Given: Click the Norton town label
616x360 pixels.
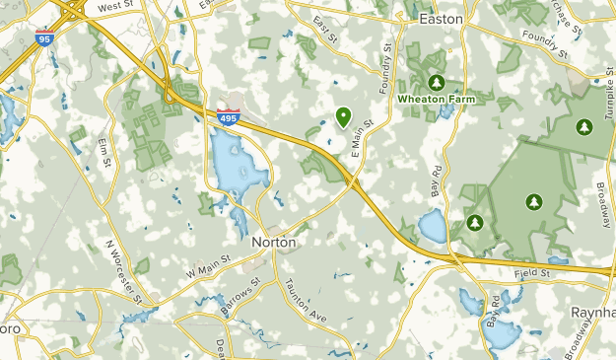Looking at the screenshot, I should [274, 241].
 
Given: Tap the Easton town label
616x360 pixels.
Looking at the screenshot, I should [441, 18].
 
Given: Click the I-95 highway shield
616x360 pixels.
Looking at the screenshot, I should [43, 38].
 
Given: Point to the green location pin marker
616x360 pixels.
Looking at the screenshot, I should [343, 117].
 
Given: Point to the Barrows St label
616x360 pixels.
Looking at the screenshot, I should [240, 295].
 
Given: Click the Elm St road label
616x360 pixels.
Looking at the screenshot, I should [103, 153].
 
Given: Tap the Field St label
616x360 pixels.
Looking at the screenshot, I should [529, 271].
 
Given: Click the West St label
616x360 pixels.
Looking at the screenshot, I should [116, 7].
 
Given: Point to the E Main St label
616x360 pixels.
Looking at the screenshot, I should [361, 139].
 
